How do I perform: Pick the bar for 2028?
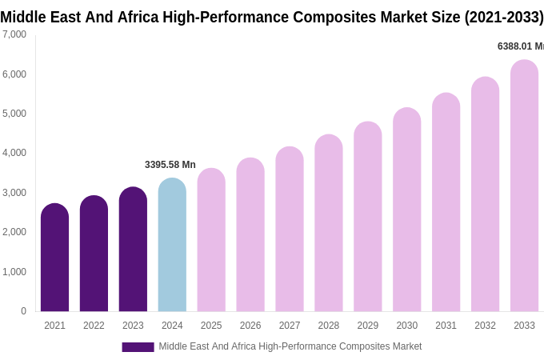pyautogui.click(x=329, y=223)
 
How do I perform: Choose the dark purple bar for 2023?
pyautogui.click(x=133, y=250)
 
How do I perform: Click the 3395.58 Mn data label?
pyautogui.click(x=170, y=165)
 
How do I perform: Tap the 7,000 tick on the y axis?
pyautogui.click(x=14, y=34)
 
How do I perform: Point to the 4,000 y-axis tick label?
pyautogui.click(x=14, y=153)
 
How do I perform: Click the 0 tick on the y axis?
pyautogui.click(x=23, y=311)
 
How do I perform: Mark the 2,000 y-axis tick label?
pyautogui.click(x=14, y=232)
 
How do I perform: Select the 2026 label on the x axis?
pyautogui.click(x=250, y=326)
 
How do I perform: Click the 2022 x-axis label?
pyautogui.click(x=94, y=326)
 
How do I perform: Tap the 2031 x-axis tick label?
pyautogui.click(x=446, y=326)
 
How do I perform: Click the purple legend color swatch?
pyautogui.click(x=138, y=347)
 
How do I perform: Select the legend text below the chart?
pyautogui.click(x=290, y=346)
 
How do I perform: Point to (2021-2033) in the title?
pyautogui.click(x=504, y=17)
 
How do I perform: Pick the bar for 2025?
pyautogui.click(x=211, y=240)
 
